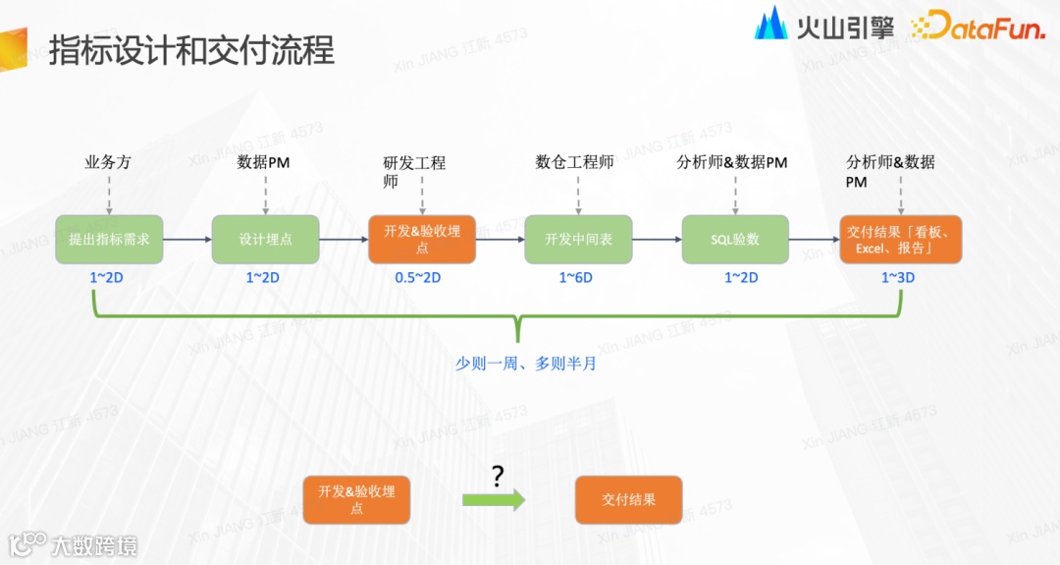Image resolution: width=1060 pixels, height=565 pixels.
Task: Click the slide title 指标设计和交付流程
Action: click(x=191, y=50)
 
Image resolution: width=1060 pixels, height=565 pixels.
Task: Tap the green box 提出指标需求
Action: click(x=109, y=239)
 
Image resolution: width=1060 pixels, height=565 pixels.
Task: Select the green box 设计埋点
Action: click(x=265, y=239)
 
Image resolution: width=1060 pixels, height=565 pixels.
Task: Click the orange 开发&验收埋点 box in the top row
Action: click(x=422, y=239)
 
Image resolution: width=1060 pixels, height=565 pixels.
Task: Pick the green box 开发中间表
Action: click(x=578, y=239)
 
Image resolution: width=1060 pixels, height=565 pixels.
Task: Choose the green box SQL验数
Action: click(x=735, y=239)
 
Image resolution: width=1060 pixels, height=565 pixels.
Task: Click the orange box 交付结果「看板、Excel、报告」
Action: click(x=901, y=239)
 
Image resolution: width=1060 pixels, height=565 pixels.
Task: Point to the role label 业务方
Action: click(x=108, y=162)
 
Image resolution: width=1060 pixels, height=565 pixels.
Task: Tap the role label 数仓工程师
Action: click(x=575, y=162)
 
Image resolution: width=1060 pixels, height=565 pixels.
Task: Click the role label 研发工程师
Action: click(x=414, y=172)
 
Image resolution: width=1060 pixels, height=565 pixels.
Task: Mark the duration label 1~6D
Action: click(x=576, y=278)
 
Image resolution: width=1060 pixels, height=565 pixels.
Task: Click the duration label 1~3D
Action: click(x=897, y=278)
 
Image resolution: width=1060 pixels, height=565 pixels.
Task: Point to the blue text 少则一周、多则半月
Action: click(x=526, y=363)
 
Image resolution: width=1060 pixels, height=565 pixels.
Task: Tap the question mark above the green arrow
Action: click(x=498, y=477)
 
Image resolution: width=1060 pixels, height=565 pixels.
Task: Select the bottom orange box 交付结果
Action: click(x=628, y=499)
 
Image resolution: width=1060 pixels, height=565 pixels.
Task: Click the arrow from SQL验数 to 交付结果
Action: click(x=814, y=239)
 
